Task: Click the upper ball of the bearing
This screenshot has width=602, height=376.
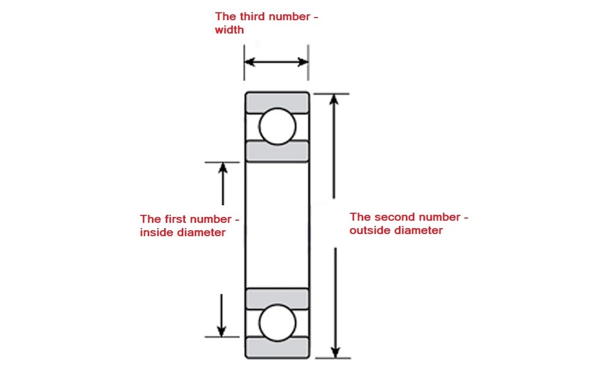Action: pos(277,127)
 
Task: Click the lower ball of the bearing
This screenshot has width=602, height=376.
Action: pos(277,322)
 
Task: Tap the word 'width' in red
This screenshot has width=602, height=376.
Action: pos(229,30)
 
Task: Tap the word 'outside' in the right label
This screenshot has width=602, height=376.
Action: pos(371,231)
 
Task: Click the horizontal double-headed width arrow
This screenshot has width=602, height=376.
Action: pos(276,62)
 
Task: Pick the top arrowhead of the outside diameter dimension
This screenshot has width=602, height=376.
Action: pos(334,100)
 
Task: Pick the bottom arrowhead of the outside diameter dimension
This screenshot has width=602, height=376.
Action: pos(334,352)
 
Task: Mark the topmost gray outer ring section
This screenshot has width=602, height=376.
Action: pos(277,101)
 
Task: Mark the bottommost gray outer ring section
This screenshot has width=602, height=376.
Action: pos(277,347)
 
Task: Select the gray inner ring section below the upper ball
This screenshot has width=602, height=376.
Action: pos(277,152)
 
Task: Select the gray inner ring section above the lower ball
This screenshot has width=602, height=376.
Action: pos(277,297)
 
